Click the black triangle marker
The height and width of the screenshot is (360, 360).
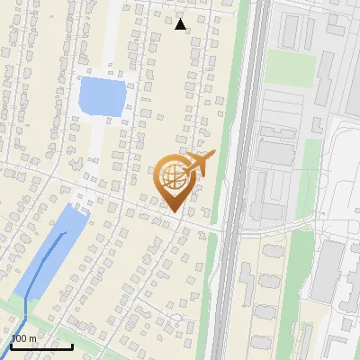tap(181, 24)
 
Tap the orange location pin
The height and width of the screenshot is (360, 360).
tap(174, 184)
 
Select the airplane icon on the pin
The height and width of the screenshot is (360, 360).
tap(200, 164)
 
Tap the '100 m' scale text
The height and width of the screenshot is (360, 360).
tap(23, 338)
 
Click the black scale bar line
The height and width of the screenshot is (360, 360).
tap(41, 346)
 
